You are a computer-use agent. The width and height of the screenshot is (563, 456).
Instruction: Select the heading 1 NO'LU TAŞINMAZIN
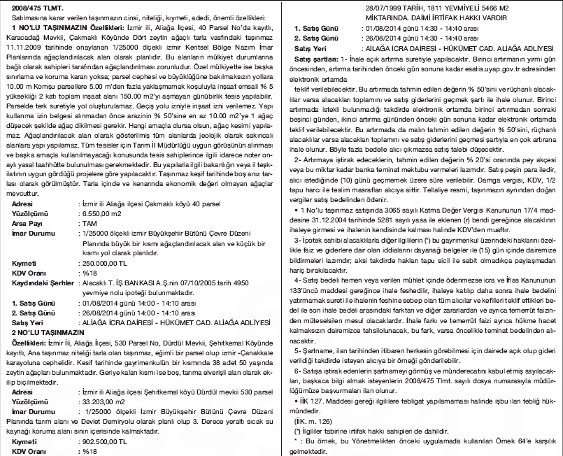(x=48, y=25)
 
